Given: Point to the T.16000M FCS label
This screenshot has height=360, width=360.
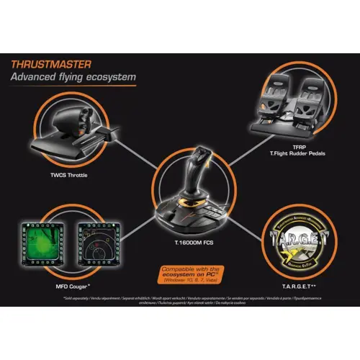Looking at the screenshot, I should [x=180, y=243].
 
